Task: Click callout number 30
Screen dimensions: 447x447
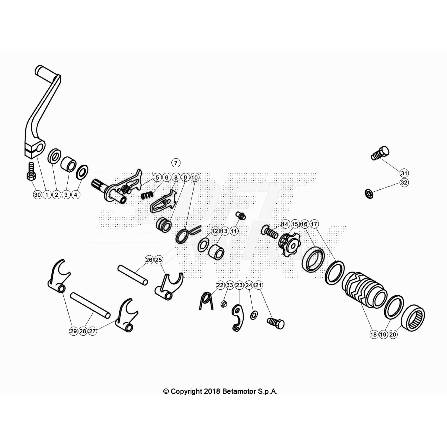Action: point(37,195)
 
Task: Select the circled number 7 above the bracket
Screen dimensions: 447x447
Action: point(176,163)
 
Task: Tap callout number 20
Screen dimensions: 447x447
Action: point(393,334)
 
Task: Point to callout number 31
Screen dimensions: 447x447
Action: point(404,173)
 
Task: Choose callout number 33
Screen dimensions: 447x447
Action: point(230,285)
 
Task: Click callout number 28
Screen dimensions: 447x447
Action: point(83,331)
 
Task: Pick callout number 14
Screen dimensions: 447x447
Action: point(285,224)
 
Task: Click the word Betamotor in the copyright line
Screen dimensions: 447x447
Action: point(239,391)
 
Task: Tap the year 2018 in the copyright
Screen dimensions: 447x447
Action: point(212,391)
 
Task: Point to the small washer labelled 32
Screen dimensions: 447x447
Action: point(369,194)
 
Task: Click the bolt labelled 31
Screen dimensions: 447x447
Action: point(380,153)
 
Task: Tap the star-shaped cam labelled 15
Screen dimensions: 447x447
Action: point(289,246)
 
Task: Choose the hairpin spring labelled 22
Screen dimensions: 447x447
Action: point(206,301)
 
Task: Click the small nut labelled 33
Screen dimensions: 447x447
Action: point(224,304)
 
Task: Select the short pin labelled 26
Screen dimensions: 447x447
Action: point(133,275)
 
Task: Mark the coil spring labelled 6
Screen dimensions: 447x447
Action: point(147,195)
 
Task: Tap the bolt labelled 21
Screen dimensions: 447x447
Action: point(276,323)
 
